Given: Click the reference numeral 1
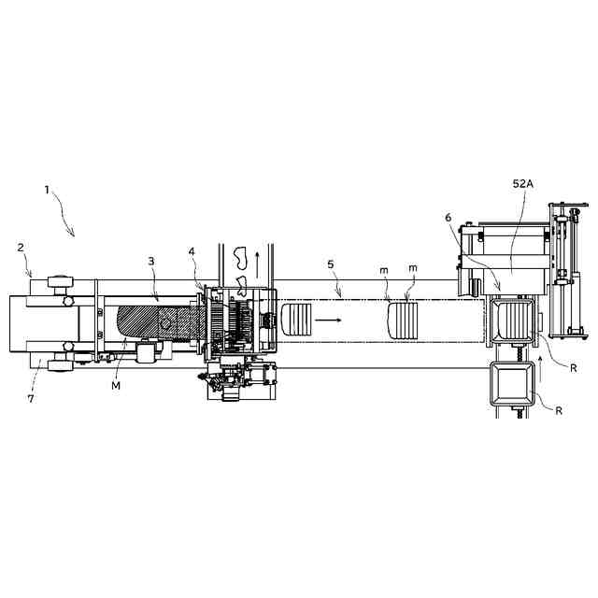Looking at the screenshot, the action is (47, 190).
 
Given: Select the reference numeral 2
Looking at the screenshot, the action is (21, 248).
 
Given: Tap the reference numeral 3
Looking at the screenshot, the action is (151, 262).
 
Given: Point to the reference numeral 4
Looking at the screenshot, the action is (192, 251).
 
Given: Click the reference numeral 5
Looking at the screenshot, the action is (331, 263).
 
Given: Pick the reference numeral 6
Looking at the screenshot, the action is (448, 218).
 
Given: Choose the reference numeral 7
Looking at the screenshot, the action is (31, 399).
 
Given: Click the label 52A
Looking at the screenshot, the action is (523, 184).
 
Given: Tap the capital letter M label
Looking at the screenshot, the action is (116, 386).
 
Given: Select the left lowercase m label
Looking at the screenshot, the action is (384, 270).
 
